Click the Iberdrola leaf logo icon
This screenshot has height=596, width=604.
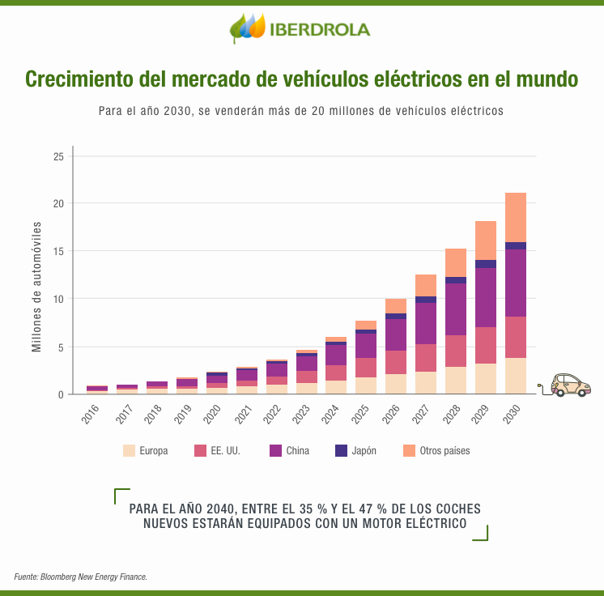[248, 28]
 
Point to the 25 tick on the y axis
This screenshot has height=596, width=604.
[57, 156]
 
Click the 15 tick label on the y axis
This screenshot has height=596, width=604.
[57, 252]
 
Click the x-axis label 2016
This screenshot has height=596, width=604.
[91, 415]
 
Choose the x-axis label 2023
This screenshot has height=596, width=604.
[300, 415]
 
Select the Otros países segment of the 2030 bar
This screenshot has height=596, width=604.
[516, 217]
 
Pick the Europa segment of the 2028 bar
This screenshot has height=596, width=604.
[456, 380]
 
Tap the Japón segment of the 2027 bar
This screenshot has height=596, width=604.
[426, 300]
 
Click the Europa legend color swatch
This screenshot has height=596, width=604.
[129, 451]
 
